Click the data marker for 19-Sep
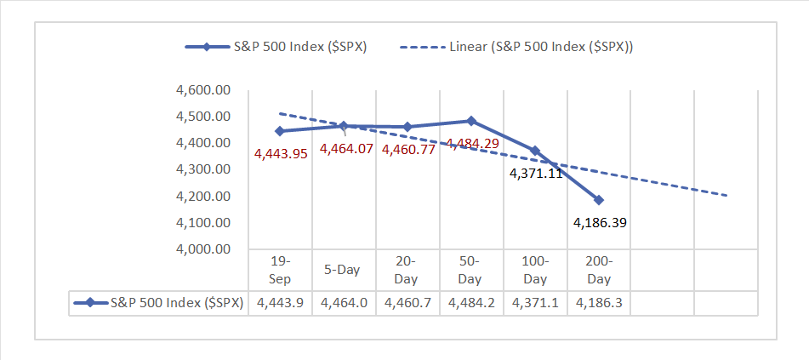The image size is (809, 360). pos(280,131)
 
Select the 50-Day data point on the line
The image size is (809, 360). pos(470,121)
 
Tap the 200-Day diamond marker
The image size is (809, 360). pos(599,200)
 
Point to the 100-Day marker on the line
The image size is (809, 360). pos(535,151)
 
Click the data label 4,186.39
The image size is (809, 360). pos(600,223)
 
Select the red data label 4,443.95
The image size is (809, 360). pos(282,154)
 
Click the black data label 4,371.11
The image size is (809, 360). pos(536,174)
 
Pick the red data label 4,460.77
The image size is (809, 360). pos(408,150)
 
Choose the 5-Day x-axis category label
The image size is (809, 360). pos(343,270)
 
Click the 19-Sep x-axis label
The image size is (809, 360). pos(280,270)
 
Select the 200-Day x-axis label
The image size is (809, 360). pos(599,270)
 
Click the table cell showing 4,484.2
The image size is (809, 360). pos(471,303)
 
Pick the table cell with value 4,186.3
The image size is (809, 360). pos(599,303)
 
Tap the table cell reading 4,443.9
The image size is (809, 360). pos(280,303)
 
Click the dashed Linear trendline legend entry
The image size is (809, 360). pos(516,47)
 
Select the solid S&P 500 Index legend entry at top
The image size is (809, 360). pos(276,47)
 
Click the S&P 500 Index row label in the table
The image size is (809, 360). pos(158,303)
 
